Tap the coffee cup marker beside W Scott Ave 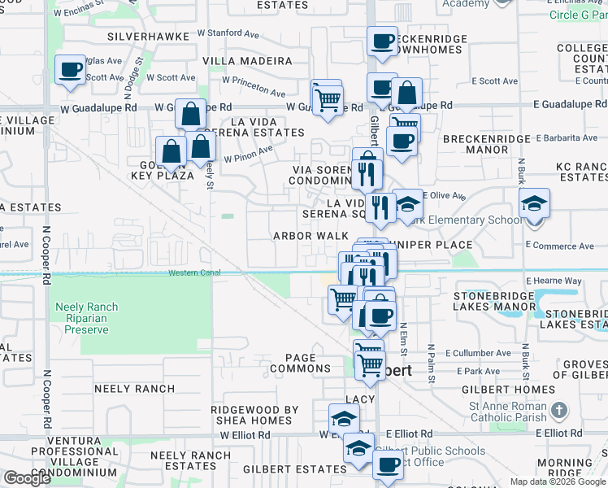(x=71, y=70)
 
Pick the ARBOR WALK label (x=311, y=236)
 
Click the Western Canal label (x=194, y=272)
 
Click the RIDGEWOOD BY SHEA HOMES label (x=254, y=415)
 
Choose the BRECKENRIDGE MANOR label (x=487, y=144)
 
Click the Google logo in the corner (x=27, y=478)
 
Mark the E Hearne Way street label (x=554, y=281)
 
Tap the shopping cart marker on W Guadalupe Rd (x=327, y=99)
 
